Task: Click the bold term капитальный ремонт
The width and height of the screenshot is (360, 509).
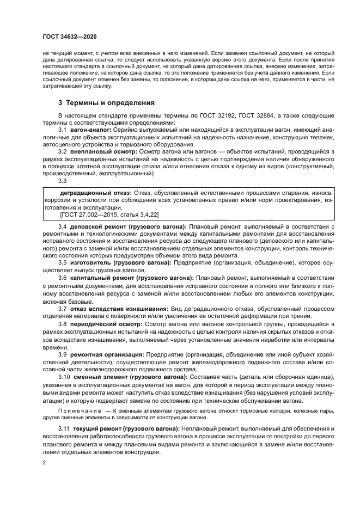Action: coord(99,277)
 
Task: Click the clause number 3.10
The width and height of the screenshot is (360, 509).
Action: coord(64,377)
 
